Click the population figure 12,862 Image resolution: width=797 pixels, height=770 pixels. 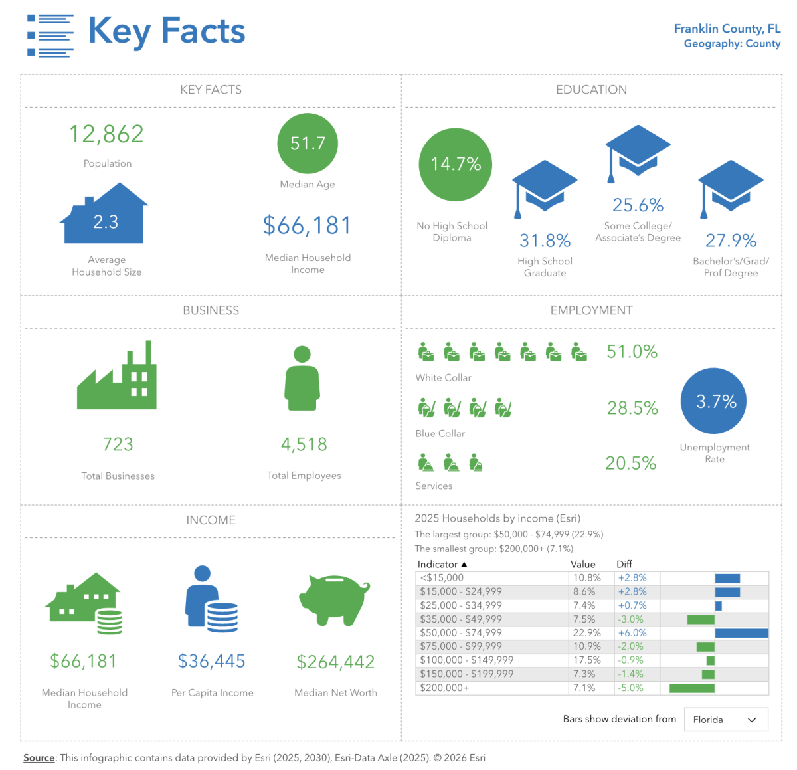(107, 134)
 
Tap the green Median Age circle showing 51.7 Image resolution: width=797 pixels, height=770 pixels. (308, 144)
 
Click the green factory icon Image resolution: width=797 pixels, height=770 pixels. (118, 378)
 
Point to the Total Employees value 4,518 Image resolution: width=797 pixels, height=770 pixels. (304, 444)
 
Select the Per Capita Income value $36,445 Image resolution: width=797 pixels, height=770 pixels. (212, 661)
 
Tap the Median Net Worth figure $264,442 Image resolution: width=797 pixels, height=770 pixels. (335, 662)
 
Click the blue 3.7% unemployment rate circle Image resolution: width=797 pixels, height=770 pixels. (714, 401)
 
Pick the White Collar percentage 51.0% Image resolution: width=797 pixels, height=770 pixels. (632, 352)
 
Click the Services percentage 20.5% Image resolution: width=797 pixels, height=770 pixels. (630, 463)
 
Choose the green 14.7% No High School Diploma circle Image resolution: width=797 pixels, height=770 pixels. (456, 164)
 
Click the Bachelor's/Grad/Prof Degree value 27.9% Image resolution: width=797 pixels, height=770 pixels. (731, 241)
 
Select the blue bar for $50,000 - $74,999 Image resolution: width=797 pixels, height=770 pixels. (741, 633)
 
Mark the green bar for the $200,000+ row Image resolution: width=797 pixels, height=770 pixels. (691, 688)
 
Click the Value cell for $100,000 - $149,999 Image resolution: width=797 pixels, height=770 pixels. (587, 660)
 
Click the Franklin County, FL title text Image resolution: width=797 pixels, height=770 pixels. (727, 29)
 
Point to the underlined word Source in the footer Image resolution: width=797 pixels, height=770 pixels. (39, 758)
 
